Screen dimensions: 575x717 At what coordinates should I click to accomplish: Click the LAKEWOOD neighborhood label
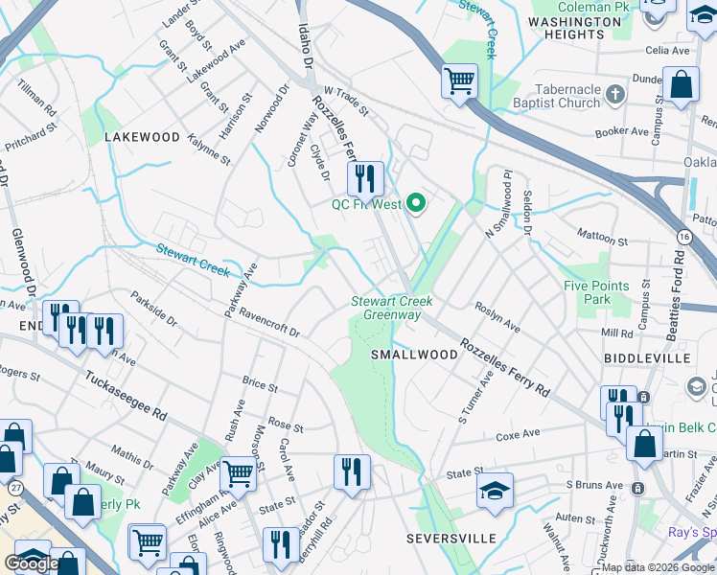coord(142,137)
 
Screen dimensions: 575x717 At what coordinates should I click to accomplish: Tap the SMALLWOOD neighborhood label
coord(414,355)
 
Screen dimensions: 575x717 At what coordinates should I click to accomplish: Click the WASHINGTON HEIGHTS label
coord(574,27)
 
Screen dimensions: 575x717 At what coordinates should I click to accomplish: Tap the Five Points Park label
coord(596,292)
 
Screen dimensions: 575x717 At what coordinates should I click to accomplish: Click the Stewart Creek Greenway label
coord(391,308)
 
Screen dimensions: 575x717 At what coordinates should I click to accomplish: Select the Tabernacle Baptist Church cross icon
coord(614,95)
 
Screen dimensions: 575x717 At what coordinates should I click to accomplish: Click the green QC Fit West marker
coord(415,203)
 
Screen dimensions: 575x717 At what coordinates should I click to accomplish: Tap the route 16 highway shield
coord(682,236)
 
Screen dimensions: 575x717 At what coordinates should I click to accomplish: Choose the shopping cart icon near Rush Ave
coord(237,472)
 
